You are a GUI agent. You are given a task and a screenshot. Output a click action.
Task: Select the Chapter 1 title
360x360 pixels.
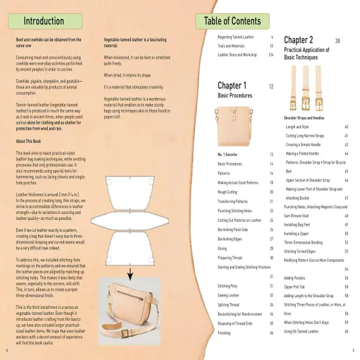(x=232, y=86)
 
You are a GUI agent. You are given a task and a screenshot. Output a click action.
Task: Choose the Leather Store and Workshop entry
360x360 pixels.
(x=240, y=55)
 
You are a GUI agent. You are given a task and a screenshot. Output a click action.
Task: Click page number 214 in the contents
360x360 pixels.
(x=270, y=55)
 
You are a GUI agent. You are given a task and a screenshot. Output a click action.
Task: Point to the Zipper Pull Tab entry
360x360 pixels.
(x=298, y=287)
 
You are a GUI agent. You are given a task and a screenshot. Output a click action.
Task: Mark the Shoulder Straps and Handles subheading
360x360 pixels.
(x=304, y=117)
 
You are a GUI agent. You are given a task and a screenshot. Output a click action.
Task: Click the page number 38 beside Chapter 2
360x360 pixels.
(x=337, y=41)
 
